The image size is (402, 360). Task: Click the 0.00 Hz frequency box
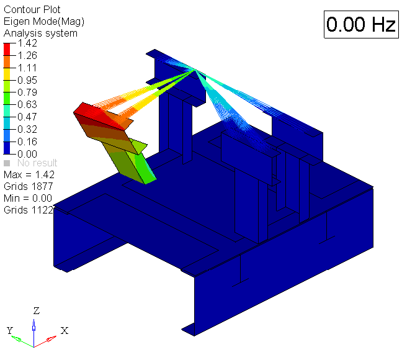click(361, 24)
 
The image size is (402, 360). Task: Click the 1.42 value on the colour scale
click(27, 43)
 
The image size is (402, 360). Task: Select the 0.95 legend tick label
click(27, 80)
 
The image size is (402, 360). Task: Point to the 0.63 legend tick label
click(27, 104)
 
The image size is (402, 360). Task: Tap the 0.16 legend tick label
click(27, 142)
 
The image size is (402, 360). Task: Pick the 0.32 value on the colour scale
click(27, 129)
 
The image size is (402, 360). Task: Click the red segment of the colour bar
click(7, 49)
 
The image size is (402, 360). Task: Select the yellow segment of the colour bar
click(7, 74)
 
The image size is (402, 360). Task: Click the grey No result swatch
click(7, 163)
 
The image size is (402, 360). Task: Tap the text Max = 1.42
click(29, 175)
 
